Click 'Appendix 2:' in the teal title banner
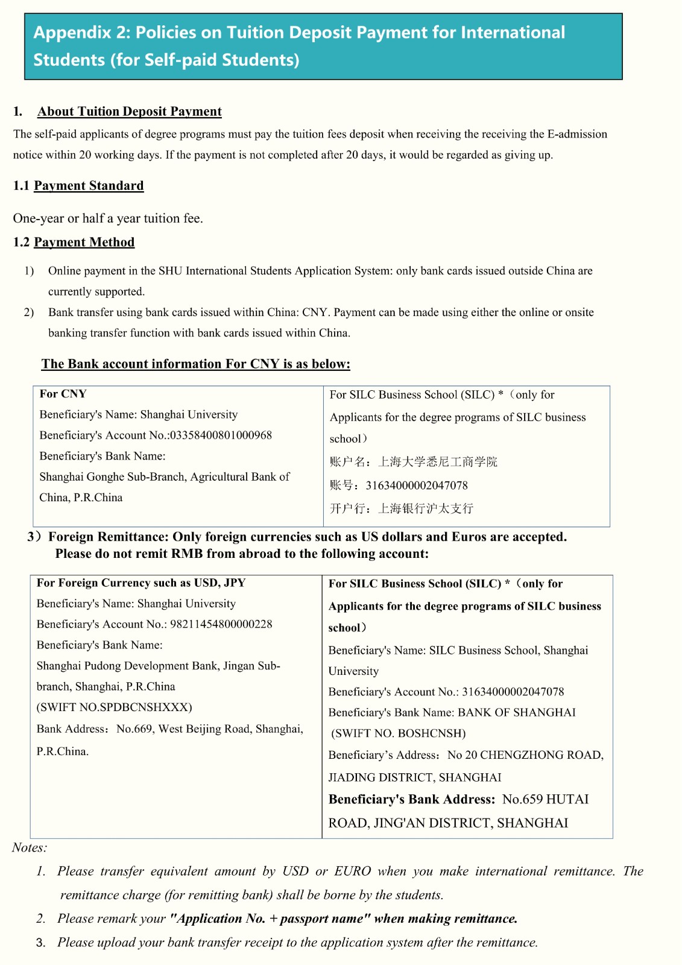(x=81, y=33)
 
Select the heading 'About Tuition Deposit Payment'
(x=129, y=112)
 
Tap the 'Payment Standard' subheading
(x=89, y=186)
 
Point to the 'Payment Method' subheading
(x=84, y=242)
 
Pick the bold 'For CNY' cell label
(x=63, y=394)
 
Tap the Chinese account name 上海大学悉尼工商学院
(x=437, y=462)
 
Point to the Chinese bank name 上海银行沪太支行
(x=425, y=508)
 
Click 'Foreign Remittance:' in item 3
(x=109, y=537)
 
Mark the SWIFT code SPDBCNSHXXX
(x=145, y=707)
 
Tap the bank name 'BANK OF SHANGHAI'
(x=516, y=712)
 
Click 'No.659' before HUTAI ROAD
(x=523, y=800)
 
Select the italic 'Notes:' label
(x=29, y=847)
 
